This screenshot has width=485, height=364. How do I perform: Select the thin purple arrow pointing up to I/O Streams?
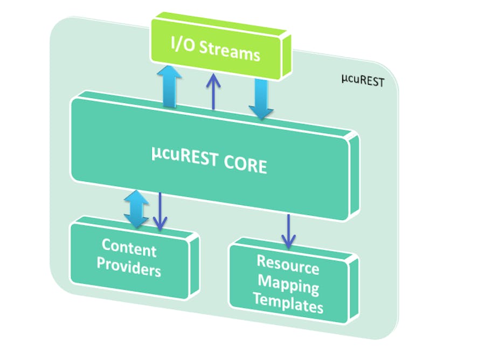[214, 92]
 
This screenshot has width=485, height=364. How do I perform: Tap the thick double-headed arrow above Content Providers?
[136, 208]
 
